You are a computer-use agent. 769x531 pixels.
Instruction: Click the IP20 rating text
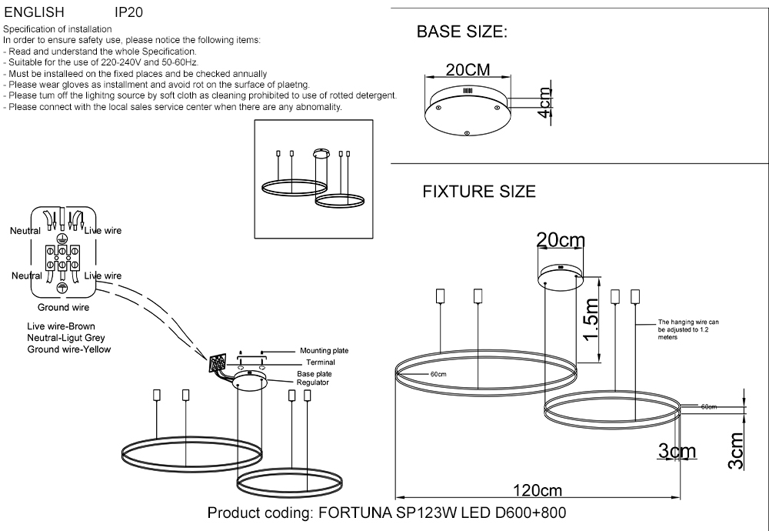click(x=128, y=13)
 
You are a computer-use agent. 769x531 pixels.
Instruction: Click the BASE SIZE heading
click(x=461, y=32)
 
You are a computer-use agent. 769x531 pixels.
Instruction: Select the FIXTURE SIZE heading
click(x=479, y=192)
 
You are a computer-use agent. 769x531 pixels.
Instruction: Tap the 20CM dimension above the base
click(x=468, y=70)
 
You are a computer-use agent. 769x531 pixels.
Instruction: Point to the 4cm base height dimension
click(x=545, y=102)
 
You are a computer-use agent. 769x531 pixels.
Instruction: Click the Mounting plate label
click(x=324, y=350)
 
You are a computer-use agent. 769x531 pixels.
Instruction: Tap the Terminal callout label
click(x=320, y=362)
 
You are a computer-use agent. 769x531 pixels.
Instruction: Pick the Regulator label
click(x=313, y=382)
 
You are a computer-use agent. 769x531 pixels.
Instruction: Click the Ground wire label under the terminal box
click(x=64, y=307)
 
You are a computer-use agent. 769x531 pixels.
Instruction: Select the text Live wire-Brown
click(x=61, y=326)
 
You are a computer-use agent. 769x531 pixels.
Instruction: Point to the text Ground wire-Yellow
click(x=69, y=349)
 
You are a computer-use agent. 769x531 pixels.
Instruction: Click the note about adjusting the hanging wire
click(x=687, y=329)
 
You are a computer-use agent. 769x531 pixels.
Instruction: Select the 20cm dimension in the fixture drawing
click(x=561, y=241)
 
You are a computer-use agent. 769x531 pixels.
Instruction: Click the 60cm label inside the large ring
click(x=438, y=374)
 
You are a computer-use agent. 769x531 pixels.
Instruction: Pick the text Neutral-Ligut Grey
click(x=65, y=338)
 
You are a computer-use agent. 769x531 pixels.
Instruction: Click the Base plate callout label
click(x=314, y=373)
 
